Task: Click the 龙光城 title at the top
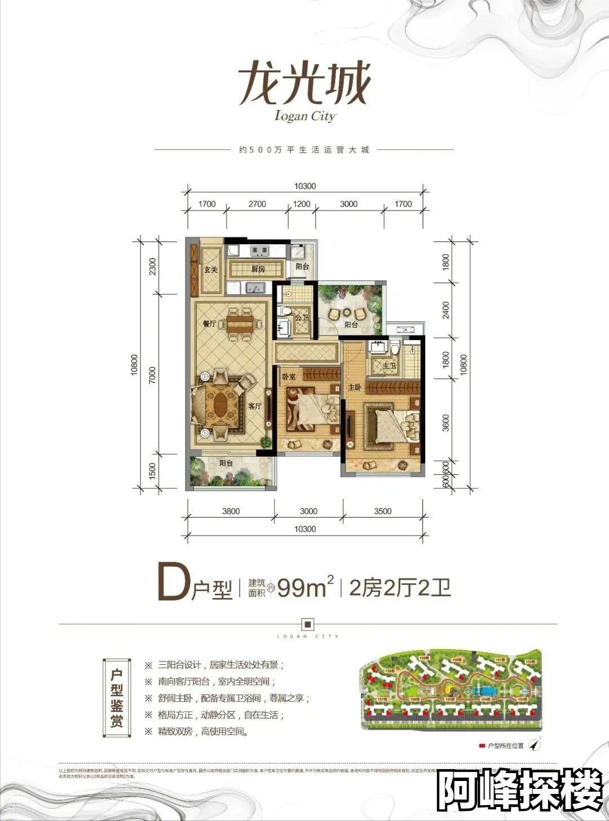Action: pyautogui.click(x=304, y=84)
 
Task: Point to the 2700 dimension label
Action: pyautogui.click(x=257, y=204)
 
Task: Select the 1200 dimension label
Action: pyautogui.click(x=302, y=204)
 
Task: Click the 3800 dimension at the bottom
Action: pyautogui.click(x=231, y=511)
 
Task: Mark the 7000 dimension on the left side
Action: pyautogui.click(x=151, y=375)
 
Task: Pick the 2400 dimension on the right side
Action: pyautogui.click(x=445, y=310)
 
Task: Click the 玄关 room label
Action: pyautogui.click(x=210, y=270)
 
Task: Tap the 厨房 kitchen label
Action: pyautogui.click(x=258, y=269)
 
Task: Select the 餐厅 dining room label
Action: pyautogui.click(x=209, y=324)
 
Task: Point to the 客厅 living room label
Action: pyautogui.click(x=255, y=406)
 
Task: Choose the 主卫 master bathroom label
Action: pyautogui.click(x=389, y=367)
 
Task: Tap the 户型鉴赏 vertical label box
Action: pyautogui.click(x=117, y=698)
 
